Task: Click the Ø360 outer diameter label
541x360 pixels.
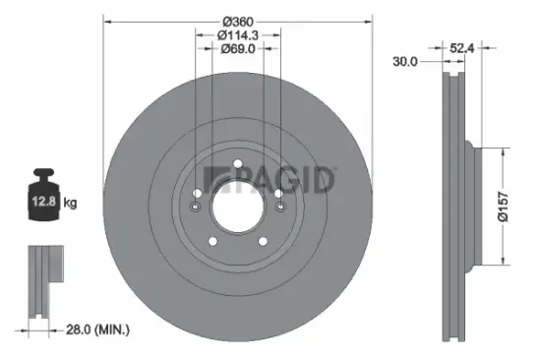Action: pyautogui.click(x=239, y=22)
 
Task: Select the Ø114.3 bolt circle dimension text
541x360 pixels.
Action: pyautogui.click(x=239, y=35)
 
